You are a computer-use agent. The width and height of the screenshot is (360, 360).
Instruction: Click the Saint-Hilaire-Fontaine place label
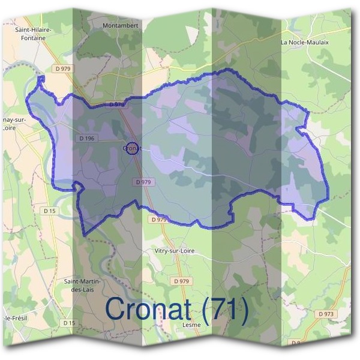click(37, 34)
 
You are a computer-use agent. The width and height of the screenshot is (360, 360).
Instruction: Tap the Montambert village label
click(121, 26)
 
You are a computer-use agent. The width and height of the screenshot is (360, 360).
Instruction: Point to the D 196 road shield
click(87, 139)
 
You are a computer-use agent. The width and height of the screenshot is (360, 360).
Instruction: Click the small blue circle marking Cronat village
click(133, 148)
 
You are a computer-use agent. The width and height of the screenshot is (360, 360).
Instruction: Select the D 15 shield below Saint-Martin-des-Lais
click(70, 323)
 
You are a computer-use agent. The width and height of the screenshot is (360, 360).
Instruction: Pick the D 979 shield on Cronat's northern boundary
click(117, 104)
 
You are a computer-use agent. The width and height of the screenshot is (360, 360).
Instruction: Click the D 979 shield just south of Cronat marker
click(143, 182)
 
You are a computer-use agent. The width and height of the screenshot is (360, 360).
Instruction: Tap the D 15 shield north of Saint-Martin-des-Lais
click(50, 211)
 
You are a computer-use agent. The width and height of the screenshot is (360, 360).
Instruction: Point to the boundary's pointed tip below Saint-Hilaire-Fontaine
click(41, 78)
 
